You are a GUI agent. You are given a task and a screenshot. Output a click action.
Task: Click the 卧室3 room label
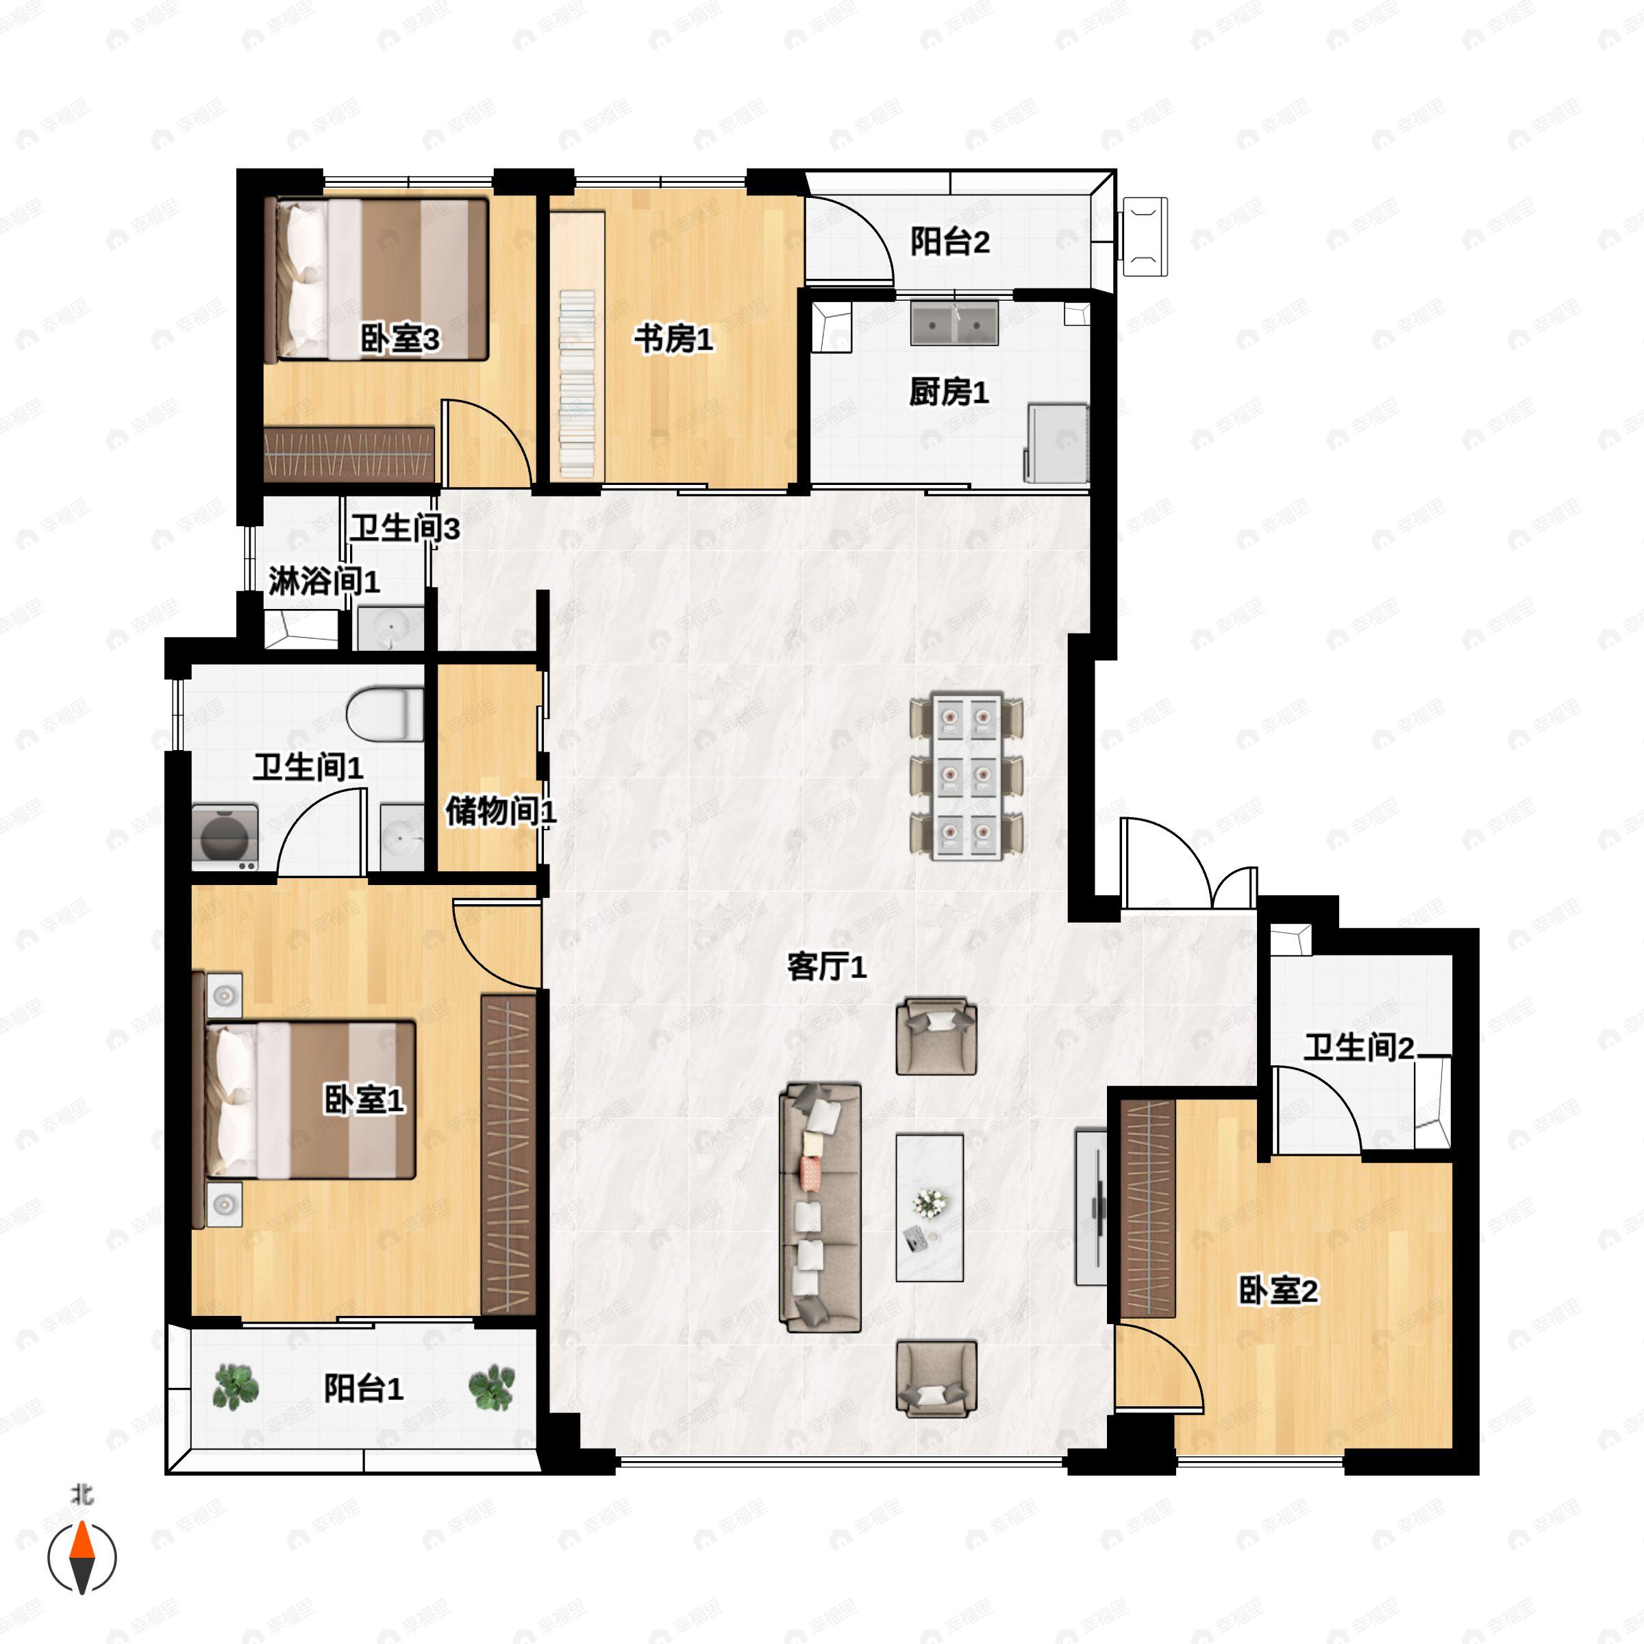click(x=400, y=340)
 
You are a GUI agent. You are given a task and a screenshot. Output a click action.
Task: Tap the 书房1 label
click(x=673, y=340)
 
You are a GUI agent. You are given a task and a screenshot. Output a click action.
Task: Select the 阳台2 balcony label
click(x=951, y=242)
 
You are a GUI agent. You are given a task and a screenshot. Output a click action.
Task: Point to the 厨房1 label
click(x=949, y=393)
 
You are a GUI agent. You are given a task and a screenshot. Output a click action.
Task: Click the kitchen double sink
click(x=954, y=323)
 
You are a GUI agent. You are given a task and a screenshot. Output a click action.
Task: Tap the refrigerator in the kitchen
click(x=1058, y=443)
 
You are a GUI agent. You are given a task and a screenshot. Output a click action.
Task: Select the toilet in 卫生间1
click(x=386, y=714)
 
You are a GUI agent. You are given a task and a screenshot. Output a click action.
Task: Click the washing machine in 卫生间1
click(x=225, y=837)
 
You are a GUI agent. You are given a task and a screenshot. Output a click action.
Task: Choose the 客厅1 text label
click(x=826, y=967)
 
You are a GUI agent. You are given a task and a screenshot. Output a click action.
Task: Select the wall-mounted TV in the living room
click(x=1092, y=1206)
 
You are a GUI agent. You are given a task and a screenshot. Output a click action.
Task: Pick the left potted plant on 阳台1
click(x=235, y=1388)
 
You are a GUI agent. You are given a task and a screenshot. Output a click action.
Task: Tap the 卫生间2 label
click(x=1359, y=1047)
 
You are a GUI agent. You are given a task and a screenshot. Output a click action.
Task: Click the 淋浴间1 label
click(x=324, y=582)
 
